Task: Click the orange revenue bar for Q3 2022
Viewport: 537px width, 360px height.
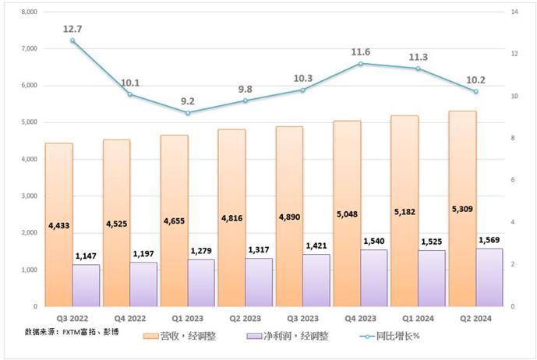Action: click(x=58, y=195)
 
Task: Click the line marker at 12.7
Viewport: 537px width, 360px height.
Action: click(x=72, y=41)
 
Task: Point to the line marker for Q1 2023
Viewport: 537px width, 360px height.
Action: click(x=188, y=113)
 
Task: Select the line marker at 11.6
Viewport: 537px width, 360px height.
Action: click(x=360, y=63)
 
